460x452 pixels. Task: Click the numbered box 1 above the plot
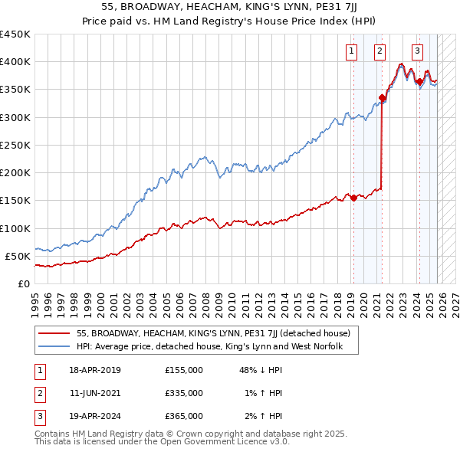[351, 51]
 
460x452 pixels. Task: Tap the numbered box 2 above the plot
[379, 51]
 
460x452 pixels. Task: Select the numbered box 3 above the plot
[417, 51]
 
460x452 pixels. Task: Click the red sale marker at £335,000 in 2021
[381, 97]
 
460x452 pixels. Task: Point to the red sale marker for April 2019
[353, 198]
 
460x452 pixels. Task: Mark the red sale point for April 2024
[419, 81]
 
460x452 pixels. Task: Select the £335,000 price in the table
[183, 393]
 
